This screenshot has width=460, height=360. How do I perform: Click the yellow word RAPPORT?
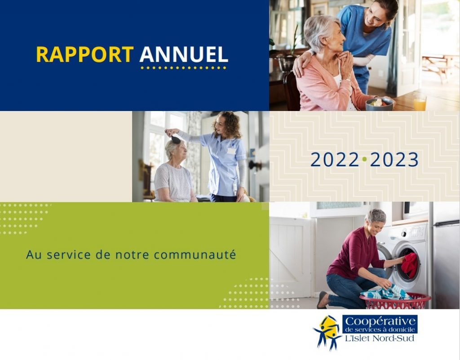85,54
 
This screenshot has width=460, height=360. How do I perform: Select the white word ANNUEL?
184,54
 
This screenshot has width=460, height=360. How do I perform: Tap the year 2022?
335,160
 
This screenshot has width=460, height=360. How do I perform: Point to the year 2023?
394,160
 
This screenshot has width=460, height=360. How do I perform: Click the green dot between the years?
364,159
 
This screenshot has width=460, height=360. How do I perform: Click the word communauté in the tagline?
195,254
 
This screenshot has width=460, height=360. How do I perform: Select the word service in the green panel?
69,254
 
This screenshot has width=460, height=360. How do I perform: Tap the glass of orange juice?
420,102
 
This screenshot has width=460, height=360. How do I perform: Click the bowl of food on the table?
379,104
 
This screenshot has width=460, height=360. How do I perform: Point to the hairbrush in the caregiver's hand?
176,139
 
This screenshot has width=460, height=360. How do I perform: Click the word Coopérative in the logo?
380,321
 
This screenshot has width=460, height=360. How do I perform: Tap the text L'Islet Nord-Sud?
380,338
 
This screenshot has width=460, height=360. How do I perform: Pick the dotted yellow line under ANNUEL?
183,68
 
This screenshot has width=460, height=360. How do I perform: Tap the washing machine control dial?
404,234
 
